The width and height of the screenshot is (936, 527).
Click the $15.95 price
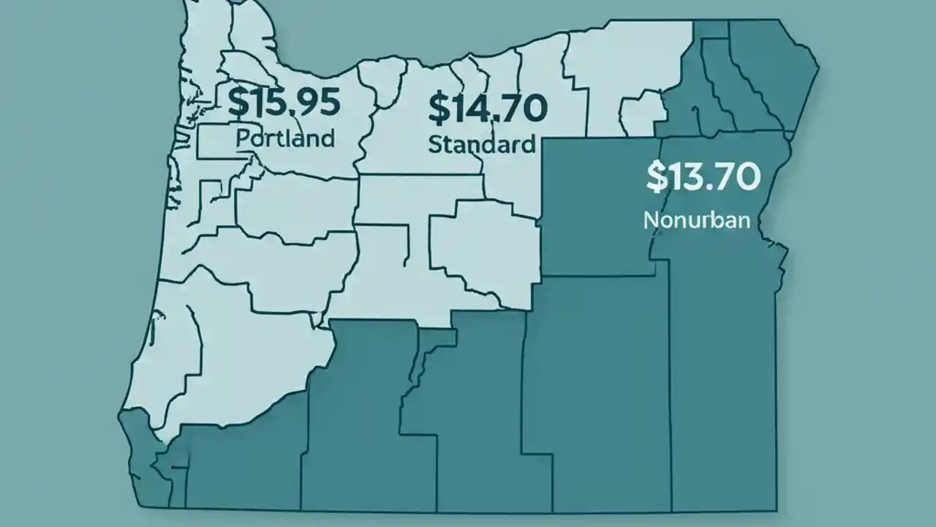(x=284, y=102)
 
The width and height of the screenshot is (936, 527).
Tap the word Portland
(x=286, y=138)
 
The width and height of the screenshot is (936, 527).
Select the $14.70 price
(x=487, y=108)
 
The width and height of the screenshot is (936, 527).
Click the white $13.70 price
(x=703, y=176)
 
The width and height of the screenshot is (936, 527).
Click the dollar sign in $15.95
(x=237, y=102)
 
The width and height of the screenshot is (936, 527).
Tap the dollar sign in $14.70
(x=437, y=108)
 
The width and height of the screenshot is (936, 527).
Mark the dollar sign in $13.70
(x=656, y=177)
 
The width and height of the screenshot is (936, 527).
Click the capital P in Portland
(x=243, y=138)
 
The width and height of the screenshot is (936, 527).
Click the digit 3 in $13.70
(x=692, y=177)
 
